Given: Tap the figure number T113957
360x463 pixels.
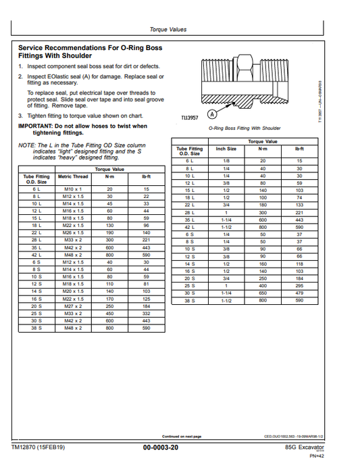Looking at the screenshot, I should (x=190, y=118).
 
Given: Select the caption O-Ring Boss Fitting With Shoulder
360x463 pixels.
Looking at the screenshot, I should (x=244, y=128).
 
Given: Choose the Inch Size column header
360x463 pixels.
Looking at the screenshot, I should (x=226, y=148).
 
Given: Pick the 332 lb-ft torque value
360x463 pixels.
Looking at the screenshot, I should (x=146, y=314).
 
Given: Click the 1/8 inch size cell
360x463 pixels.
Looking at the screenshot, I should (x=226, y=161).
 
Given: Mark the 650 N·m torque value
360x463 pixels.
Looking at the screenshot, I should (x=263, y=293).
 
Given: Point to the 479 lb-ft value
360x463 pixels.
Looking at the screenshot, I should (x=299, y=293).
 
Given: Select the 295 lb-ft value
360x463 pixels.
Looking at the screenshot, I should (x=299, y=285).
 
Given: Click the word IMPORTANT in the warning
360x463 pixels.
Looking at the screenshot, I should (x=38, y=126).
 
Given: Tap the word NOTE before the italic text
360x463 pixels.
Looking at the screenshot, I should (x=26, y=145).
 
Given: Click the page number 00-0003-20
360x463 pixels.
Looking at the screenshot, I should (x=161, y=448).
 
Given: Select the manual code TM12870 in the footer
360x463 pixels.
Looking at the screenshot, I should (x=26, y=447).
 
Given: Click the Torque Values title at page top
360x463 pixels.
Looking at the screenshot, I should (x=168, y=30).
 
